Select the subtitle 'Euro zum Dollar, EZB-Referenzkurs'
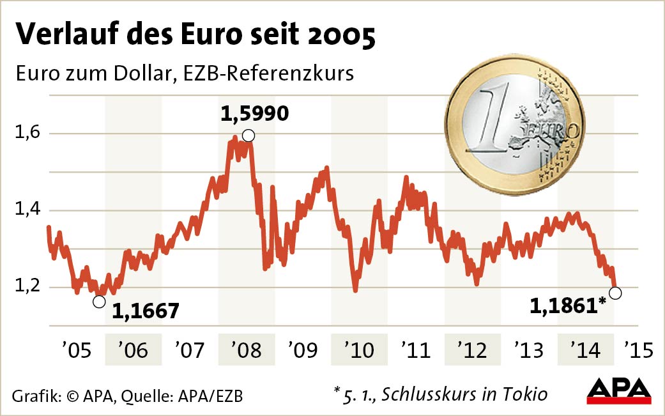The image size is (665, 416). (185, 73)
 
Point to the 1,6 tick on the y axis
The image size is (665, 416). (26, 134)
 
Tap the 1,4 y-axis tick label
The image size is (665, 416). (26, 210)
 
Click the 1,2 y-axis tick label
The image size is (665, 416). (26, 286)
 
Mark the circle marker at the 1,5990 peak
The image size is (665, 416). (248, 135)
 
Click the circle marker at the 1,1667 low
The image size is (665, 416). (99, 302)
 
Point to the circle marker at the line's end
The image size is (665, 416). (615, 293)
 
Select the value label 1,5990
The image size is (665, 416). (255, 114)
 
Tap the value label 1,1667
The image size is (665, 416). (146, 311)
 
